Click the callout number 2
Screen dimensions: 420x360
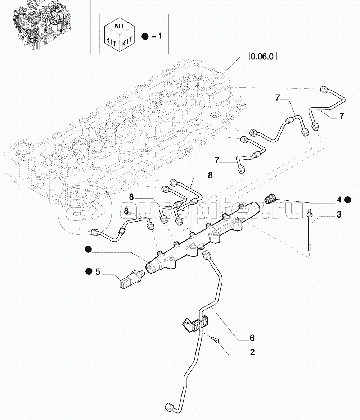(x=252, y=352)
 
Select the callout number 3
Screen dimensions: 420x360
(x=339, y=215)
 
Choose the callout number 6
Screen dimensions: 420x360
(x=252, y=338)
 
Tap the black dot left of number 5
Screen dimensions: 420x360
(x=88, y=271)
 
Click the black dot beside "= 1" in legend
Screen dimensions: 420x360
(x=145, y=36)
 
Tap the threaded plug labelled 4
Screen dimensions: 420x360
(x=270, y=198)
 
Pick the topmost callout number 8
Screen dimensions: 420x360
(x=210, y=175)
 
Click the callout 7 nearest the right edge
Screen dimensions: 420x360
(x=341, y=116)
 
